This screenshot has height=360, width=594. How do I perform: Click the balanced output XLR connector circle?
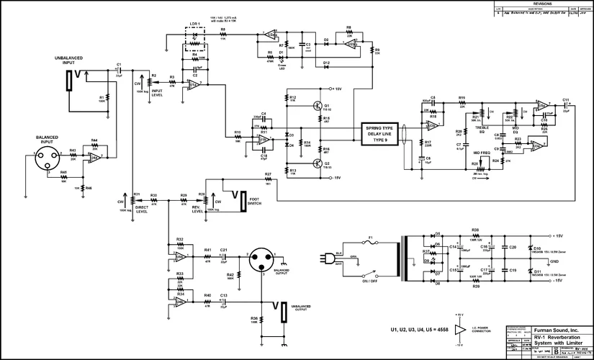pos(260,260)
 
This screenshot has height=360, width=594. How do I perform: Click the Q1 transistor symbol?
pos(318,106)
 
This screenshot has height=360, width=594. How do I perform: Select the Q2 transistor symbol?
pos(318,163)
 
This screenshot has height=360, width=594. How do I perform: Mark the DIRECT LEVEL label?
pos(142,210)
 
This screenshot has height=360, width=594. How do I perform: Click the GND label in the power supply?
pos(555,261)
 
